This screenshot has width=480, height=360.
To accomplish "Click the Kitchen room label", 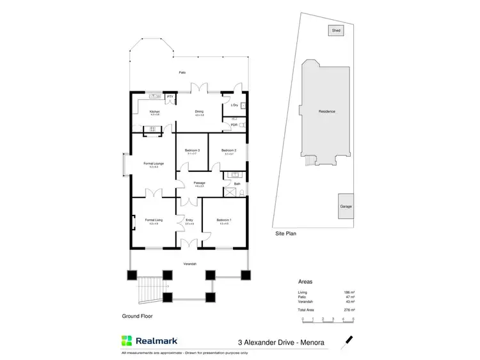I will (x=154, y=112).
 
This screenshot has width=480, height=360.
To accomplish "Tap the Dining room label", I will (x=199, y=112).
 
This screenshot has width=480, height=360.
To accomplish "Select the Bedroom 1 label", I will (x=224, y=220).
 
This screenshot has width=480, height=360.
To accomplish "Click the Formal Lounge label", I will (x=154, y=164).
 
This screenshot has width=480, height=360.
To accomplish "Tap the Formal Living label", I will (x=154, y=220).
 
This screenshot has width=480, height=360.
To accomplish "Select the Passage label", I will (x=199, y=183).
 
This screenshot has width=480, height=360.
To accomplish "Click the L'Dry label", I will (x=234, y=105).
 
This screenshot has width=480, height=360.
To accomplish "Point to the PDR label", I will (x=234, y=125).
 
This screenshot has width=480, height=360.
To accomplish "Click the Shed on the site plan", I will (x=336, y=30).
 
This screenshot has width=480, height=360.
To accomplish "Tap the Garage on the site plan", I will (x=346, y=207).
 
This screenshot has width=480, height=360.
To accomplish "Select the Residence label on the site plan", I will (x=327, y=111).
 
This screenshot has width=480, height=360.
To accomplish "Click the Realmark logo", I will (x=148, y=341).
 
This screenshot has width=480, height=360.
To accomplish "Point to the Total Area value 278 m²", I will (x=349, y=309).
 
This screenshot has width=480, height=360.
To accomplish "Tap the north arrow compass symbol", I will (x=349, y=341).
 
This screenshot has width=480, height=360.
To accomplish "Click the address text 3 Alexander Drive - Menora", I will (x=281, y=343).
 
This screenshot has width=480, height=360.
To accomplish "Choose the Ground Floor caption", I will (x=138, y=316).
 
